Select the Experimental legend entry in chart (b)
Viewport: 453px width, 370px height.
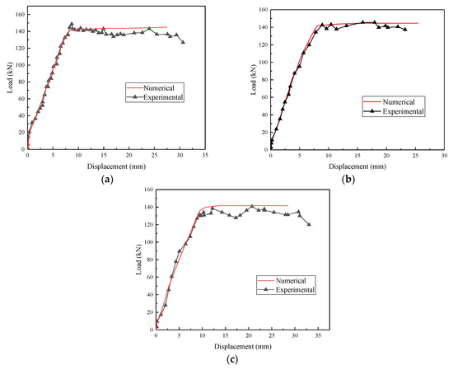(x=393, y=111)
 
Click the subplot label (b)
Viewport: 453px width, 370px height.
(x=348, y=180)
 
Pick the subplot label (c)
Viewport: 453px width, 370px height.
(x=232, y=359)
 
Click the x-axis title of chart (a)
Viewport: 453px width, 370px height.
(x=116, y=166)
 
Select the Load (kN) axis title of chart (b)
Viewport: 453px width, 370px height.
(x=254, y=79)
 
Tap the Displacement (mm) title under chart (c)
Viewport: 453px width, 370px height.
(x=243, y=346)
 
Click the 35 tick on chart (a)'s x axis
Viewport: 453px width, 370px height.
(x=205, y=156)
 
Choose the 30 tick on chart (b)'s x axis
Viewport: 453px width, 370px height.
(x=444, y=156)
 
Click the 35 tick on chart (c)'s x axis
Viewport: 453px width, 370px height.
(x=318, y=335)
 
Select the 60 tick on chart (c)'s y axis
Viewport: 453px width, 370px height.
(x=151, y=277)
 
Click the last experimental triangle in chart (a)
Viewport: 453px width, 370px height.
(x=183, y=42)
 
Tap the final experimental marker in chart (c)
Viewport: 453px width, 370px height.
(x=309, y=224)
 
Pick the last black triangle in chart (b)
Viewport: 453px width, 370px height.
(x=405, y=29)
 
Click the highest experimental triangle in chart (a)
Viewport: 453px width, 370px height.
(x=72, y=24)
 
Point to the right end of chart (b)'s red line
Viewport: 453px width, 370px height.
(x=418, y=23)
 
